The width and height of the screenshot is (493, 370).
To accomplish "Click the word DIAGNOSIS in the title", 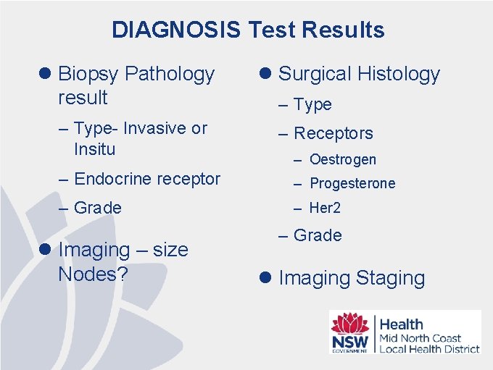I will (x=176, y=30).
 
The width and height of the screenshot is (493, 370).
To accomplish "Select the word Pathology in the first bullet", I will (x=170, y=74).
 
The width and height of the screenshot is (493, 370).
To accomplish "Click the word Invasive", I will (x=154, y=128).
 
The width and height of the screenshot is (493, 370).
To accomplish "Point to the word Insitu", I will (x=94, y=150).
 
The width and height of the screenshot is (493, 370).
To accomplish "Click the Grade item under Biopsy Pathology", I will (x=98, y=208).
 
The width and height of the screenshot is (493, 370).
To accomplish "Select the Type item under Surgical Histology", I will (x=312, y=105).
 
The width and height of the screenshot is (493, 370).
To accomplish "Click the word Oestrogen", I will (x=342, y=159).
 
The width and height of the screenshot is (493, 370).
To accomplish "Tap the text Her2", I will (x=325, y=208).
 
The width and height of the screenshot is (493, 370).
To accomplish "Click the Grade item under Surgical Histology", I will (x=318, y=235).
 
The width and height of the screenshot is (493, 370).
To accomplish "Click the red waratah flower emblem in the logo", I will (x=349, y=324).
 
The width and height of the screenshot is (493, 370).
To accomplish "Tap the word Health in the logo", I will (x=401, y=324).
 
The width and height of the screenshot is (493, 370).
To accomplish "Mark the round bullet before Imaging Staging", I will (x=266, y=278).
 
